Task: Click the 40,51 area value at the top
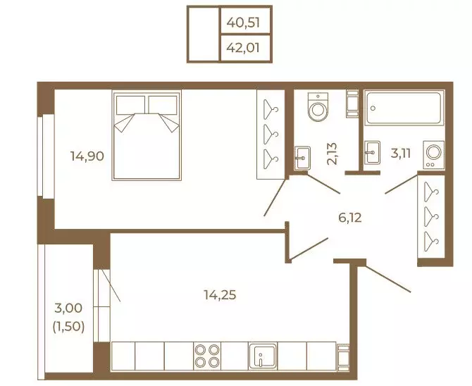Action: (243, 23)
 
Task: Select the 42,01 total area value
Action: (243, 48)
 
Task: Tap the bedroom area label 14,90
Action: (87, 156)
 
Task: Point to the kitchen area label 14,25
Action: (220, 294)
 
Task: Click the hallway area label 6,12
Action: (350, 218)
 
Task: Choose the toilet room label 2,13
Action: (333, 154)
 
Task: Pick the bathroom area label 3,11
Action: (400, 154)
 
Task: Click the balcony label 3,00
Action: (68, 308)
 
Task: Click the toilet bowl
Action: (318, 106)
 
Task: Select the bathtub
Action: (404, 108)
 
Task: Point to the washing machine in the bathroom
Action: (433, 154)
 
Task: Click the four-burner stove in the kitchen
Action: (207, 356)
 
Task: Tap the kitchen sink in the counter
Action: (262, 356)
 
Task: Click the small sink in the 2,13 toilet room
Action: (302, 158)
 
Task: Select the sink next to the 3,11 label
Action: (372, 153)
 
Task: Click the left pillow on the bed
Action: (130, 105)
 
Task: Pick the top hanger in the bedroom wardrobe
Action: (271, 108)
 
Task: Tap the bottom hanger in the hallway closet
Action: (431, 242)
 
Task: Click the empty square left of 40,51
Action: (204, 34)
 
